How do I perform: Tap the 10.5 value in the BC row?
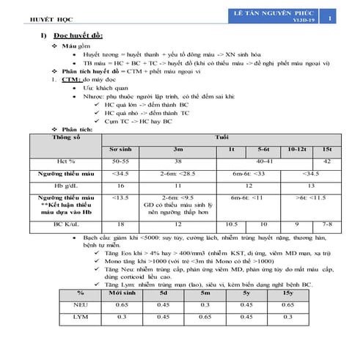tap(231, 224)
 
